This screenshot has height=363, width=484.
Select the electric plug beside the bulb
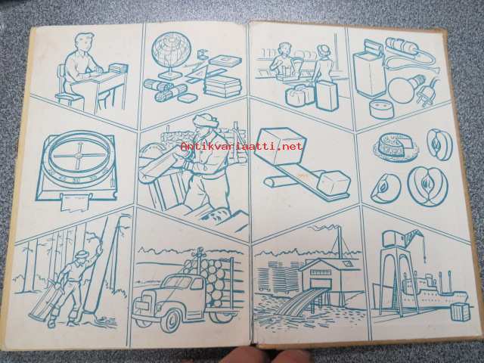(x=427, y=92)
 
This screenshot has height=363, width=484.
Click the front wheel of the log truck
(x=172, y=318)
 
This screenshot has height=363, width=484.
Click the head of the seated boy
(x=84, y=43)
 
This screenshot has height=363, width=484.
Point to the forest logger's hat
(x=82, y=254)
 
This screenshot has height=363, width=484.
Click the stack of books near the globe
(x=223, y=85)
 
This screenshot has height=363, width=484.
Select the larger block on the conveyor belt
(x=280, y=144)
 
